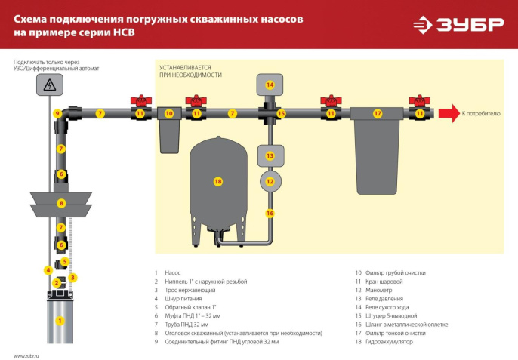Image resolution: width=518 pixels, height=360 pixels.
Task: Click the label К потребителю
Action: tap(481, 113)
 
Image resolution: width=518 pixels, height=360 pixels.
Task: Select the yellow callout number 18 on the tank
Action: tap(218, 182)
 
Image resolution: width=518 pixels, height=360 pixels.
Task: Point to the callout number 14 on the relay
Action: tap(270, 85)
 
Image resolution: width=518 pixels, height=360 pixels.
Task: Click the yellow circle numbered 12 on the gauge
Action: tap(270, 181)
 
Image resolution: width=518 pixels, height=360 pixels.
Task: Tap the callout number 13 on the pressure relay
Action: tap(270, 155)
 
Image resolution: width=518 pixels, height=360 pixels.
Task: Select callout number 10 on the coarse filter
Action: tap(169, 113)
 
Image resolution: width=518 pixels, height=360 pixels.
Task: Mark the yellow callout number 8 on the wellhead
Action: tap(61, 203)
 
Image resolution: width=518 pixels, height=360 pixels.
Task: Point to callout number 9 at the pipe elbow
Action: tap(57, 113)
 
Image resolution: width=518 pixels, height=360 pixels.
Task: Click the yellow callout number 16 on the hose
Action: tap(270, 213)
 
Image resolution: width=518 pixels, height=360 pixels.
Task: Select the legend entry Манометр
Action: tap(384, 290)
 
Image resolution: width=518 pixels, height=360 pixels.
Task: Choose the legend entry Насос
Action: tap(173, 272)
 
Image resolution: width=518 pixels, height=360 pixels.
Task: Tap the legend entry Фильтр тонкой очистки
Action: tap(399, 333)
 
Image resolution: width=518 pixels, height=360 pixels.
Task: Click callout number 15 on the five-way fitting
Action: tap(282, 113)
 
